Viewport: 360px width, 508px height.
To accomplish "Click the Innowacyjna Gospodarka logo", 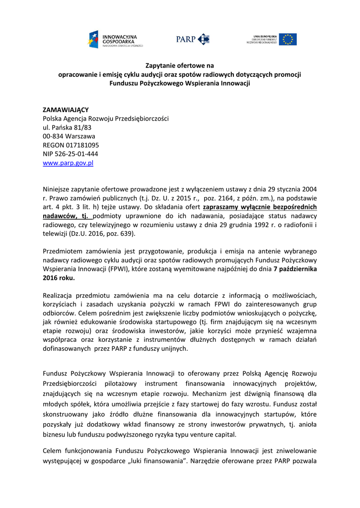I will point(115,39).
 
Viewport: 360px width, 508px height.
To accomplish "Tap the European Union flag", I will point(288,39).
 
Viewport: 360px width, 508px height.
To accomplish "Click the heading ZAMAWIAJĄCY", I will point(66,109).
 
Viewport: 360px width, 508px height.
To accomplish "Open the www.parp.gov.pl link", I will point(68,163).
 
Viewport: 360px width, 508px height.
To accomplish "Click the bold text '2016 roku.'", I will point(59,278).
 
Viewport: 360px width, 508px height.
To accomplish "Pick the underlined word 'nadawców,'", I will point(60,216).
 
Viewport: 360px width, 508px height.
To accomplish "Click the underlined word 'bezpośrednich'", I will point(293,207).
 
